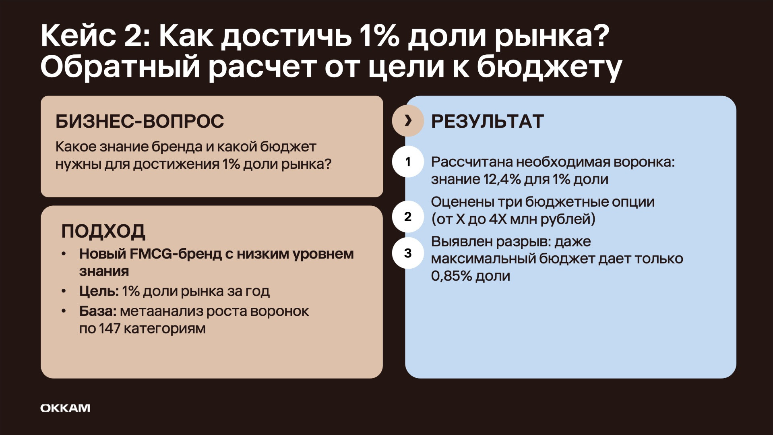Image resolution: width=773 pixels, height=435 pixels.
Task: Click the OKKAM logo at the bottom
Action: coord(65,408)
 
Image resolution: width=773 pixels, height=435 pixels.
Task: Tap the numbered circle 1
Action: coord(408,162)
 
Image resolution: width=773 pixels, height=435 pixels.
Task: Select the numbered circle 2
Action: coord(408,216)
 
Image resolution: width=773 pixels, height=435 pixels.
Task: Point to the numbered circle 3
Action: coord(408,253)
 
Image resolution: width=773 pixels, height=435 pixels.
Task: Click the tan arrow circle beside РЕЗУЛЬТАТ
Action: coord(408,121)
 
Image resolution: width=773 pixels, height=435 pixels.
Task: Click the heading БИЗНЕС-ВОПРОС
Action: coord(140,121)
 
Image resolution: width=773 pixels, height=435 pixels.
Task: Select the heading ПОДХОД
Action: coord(103,231)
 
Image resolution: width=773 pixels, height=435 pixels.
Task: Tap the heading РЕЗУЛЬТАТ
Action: coord(488,121)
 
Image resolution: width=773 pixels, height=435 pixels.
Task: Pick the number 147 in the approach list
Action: coord(110,329)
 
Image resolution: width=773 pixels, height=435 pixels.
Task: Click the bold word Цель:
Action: coord(99,291)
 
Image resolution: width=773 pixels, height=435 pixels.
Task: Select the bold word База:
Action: coord(98,311)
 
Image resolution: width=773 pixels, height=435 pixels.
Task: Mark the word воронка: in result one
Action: coord(644,162)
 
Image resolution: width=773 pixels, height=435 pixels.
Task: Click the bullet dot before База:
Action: coord(64,311)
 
